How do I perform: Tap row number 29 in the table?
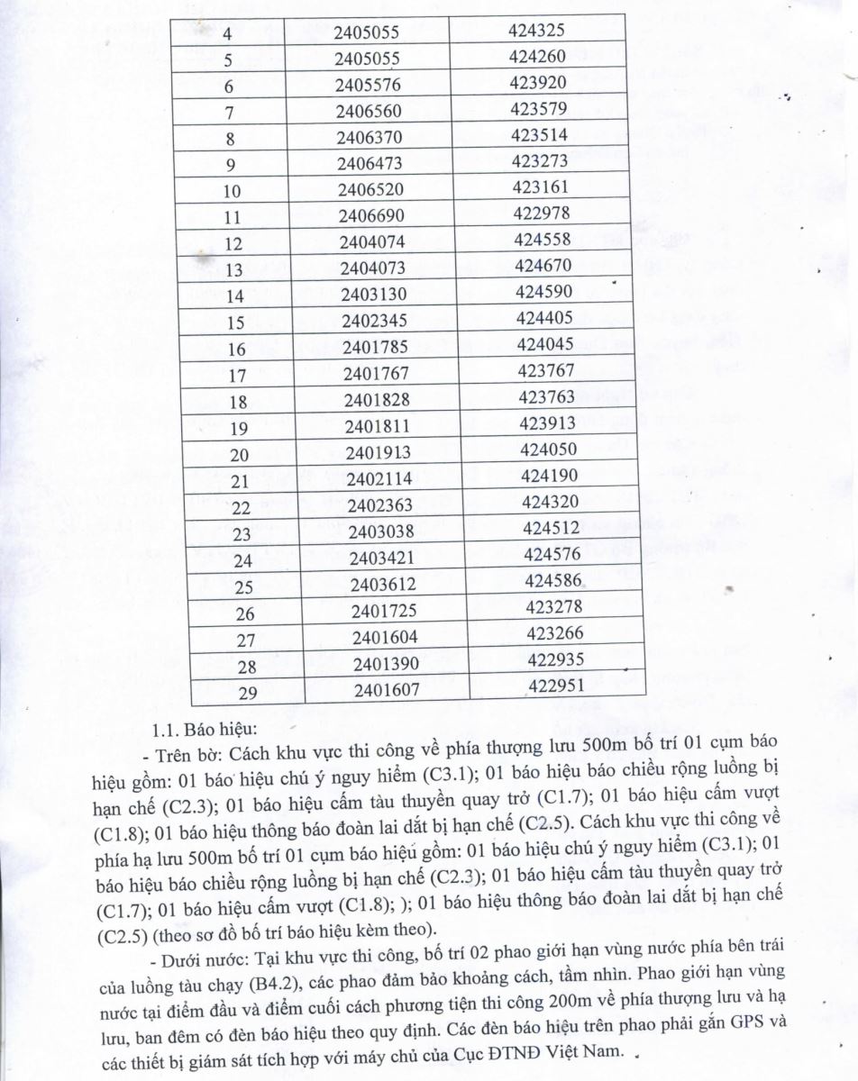[242, 694]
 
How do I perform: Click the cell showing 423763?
[547, 396]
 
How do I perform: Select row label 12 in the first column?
[234, 243]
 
